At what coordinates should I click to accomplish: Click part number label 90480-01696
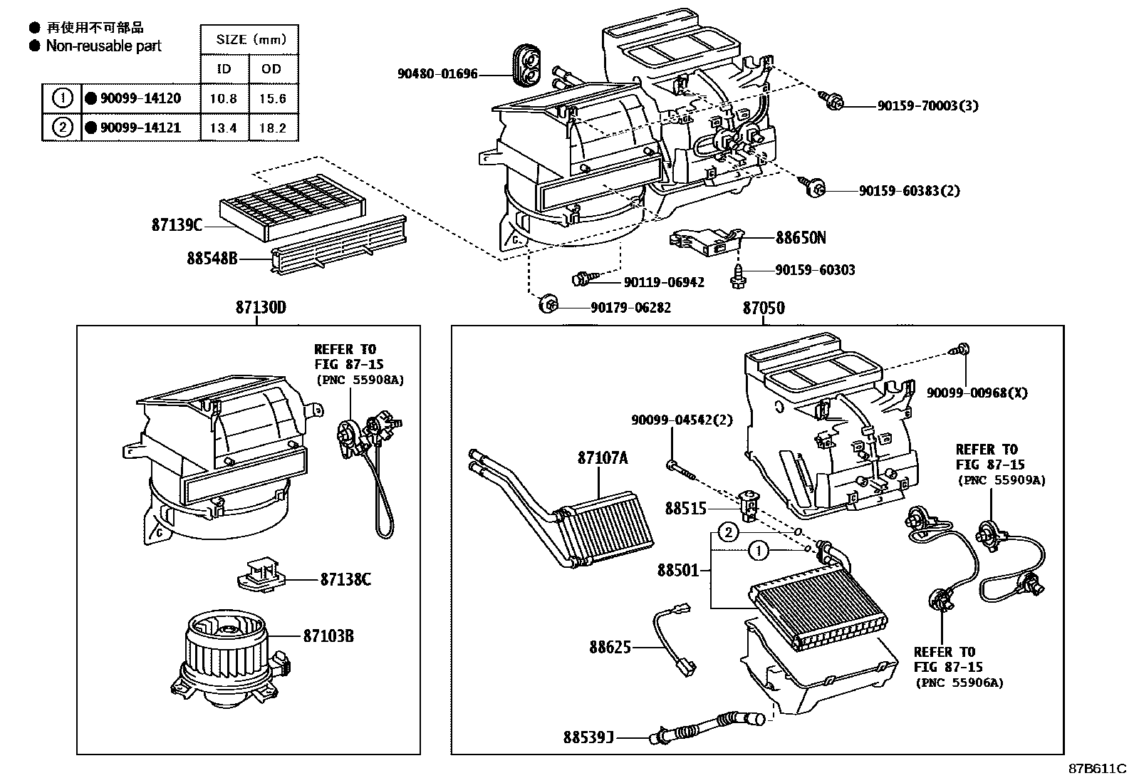click(x=437, y=74)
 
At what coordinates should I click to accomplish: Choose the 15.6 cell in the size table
click(x=272, y=98)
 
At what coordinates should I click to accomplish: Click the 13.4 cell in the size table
click(x=223, y=128)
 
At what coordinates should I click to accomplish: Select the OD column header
click(x=272, y=69)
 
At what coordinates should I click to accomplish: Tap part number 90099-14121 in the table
click(x=140, y=128)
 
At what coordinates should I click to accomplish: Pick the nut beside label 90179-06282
click(x=548, y=305)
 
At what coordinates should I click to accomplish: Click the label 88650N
click(x=801, y=238)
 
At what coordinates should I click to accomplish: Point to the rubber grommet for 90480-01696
click(x=527, y=63)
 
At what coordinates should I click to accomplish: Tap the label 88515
click(x=685, y=508)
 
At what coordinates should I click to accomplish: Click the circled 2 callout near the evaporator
click(x=727, y=531)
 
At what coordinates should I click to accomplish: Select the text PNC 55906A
click(x=959, y=683)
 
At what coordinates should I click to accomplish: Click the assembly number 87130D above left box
click(x=261, y=308)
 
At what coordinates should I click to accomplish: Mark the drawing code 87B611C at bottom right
click(x=1096, y=769)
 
